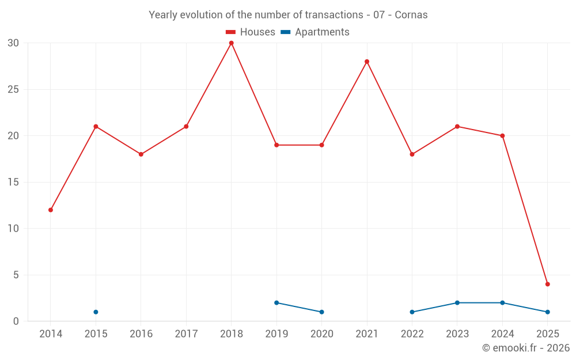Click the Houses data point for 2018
pos(232,43)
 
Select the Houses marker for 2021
pos(367,62)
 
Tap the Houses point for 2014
pos(51,210)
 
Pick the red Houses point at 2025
pos(548,284)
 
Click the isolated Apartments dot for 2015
pos(96,312)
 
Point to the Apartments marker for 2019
pos(276,303)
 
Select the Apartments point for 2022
pos(412,312)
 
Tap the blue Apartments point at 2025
pos(548,312)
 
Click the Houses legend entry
pos(251,32)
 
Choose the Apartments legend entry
pos(315,32)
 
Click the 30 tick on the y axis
pos(13,43)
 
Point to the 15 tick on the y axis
pos(13,183)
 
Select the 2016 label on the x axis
pos(141,334)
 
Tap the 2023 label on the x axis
pos(457,334)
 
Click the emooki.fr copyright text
pos(525,348)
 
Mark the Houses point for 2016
pos(141,154)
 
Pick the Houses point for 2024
pos(502,136)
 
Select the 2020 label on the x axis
pos(321,334)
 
